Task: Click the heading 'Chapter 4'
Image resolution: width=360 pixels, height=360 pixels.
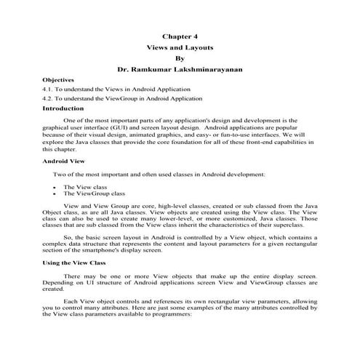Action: click(180, 34)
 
